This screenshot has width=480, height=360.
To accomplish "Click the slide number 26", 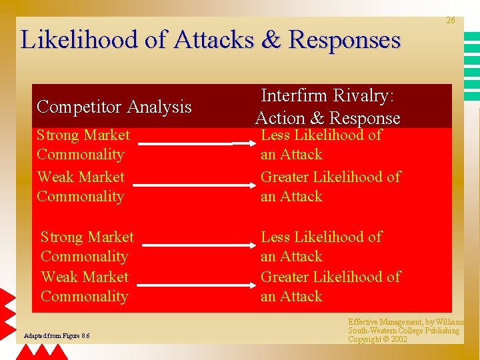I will coord(451,21).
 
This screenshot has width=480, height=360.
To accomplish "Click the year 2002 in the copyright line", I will coord(399,339).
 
